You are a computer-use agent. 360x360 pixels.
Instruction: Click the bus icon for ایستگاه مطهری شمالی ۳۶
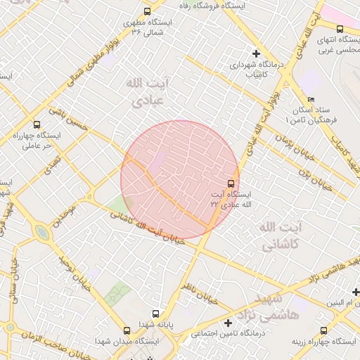[147, 11]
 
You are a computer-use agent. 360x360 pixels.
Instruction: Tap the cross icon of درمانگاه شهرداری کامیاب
[257, 53]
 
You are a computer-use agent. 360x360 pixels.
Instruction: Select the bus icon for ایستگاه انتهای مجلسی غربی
[340, 29]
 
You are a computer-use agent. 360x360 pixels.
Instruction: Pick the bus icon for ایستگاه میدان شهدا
[127, 330]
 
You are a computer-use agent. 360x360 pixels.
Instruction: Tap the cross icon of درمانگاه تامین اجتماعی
[227, 323]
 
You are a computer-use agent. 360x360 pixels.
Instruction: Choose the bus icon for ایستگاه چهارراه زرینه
[324, 330]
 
